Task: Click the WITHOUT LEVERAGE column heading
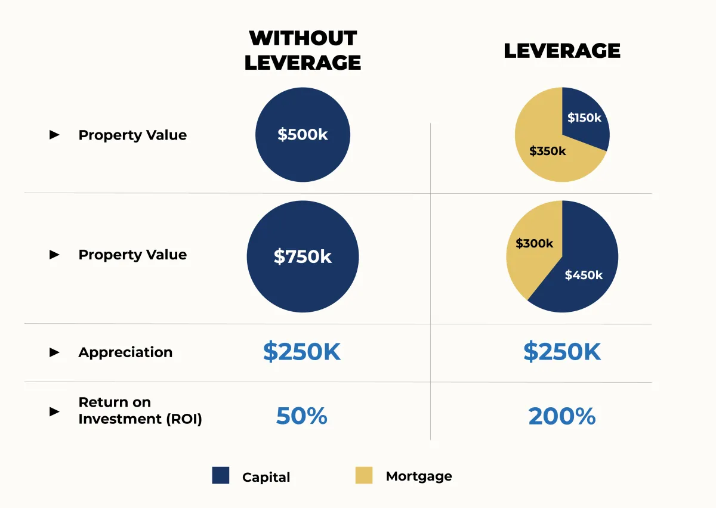click(303, 50)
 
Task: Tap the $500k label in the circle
click(303, 135)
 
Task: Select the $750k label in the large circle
click(303, 256)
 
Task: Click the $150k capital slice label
click(584, 117)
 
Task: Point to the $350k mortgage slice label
click(547, 151)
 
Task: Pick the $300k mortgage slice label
click(534, 243)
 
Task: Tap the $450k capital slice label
click(584, 275)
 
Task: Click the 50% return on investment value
click(301, 416)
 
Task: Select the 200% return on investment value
click(561, 416)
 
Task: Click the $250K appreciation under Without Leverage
click(301, 352)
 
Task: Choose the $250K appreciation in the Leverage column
click(561, 352)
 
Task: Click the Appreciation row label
click(125, 352)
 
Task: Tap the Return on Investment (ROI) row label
click(140, 410)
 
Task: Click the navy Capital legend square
click(221, 475)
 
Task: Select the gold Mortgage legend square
click(363, 475)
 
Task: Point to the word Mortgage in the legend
click(419, 476)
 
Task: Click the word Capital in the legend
click(266, 477)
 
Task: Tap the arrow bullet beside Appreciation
click(54, 352)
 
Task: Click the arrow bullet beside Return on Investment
click(54, 411)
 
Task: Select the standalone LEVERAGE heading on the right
click(561, 51)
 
